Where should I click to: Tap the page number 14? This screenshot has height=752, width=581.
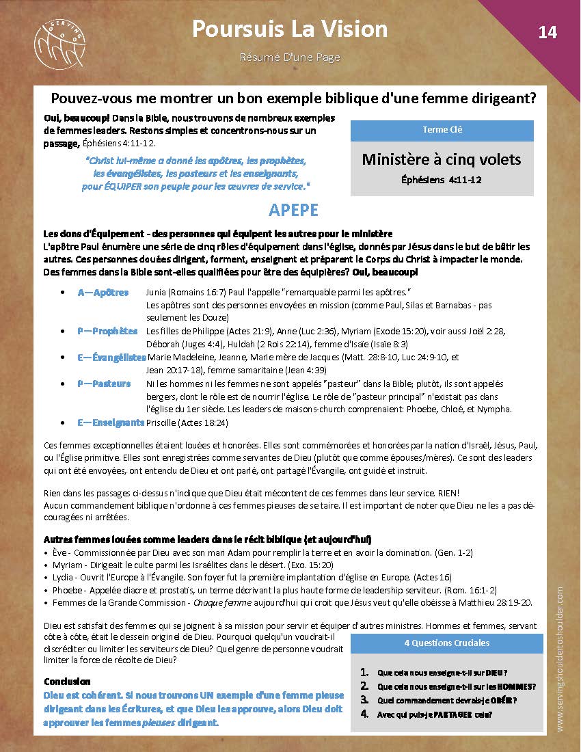[x=548, y=32]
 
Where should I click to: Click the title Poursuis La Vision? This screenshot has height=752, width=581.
[x=290, y=29]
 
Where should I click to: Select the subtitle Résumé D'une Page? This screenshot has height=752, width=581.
[x=290, y=57]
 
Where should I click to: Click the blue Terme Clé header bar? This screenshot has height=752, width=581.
[x=442, y=130]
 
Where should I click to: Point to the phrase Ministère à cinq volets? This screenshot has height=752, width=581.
[x=442, y=159]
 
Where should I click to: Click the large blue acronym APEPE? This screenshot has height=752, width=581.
[x=293, y=209]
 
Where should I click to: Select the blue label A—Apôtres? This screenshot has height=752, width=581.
[x=103, y=293]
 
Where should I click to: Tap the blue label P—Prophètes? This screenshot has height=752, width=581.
[x=107, y=331]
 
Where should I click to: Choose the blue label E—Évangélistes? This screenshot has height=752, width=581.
[x=111, y=357]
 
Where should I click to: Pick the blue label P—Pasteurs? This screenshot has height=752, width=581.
[x=104, y=384]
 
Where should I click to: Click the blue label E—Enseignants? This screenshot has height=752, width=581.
[x=111, y=422]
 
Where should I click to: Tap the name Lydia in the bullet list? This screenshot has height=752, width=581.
[x=64, y=577]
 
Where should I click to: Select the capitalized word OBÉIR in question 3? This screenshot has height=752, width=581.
[x=506, y=700]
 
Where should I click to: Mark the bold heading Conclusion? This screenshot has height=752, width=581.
[x=67, y=682]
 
